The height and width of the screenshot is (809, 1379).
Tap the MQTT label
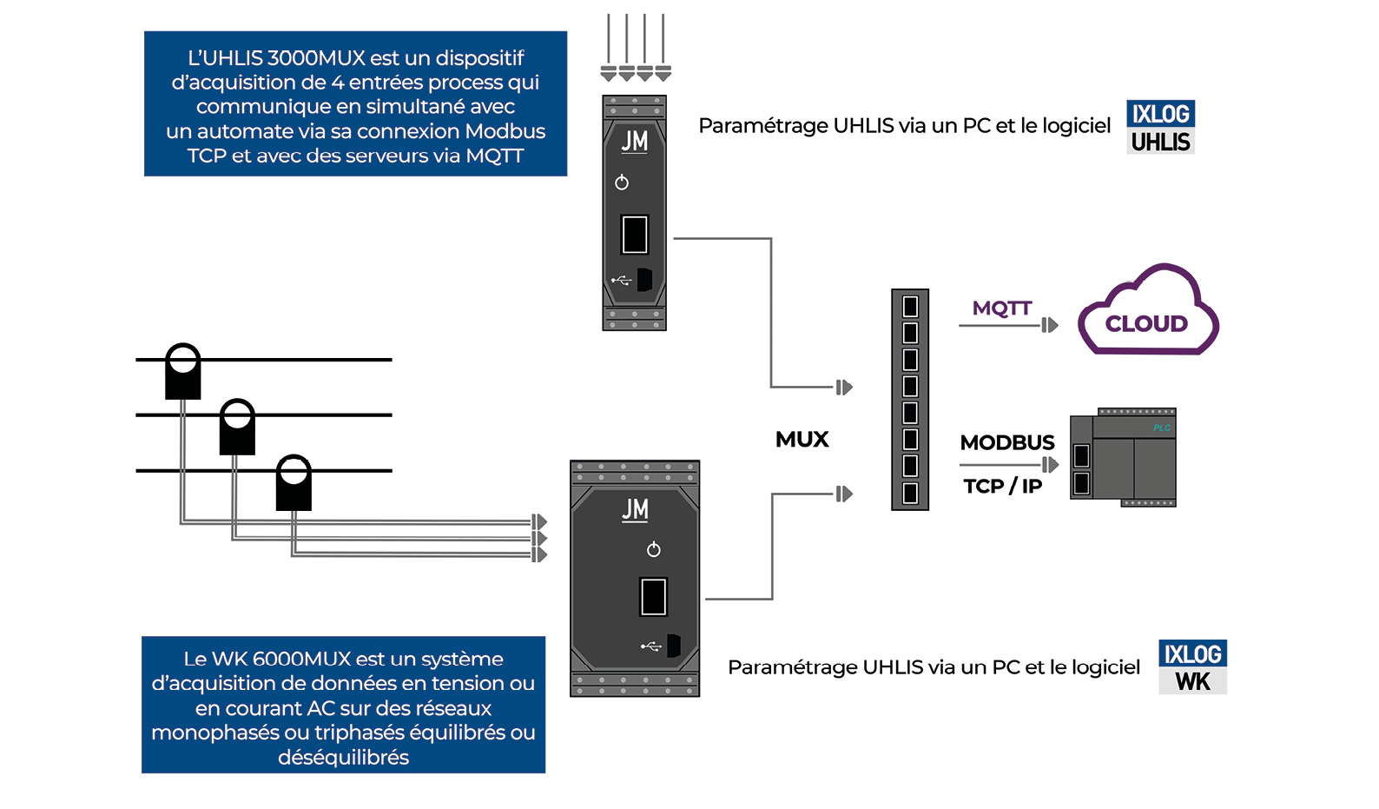pyautogui.click(x=1001, y=308)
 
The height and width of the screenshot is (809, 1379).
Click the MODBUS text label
pyautogui.click(x=1007, y=442)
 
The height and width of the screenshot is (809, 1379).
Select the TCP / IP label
pyautogui.click(x=1002, y=487)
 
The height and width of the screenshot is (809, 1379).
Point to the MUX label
pyautogui.click(x=802, y=440)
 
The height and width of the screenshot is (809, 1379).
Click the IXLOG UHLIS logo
pyautogui.click(x=1160, y=127)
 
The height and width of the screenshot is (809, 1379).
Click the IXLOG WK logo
pyautogui.click(x=1192, y=667)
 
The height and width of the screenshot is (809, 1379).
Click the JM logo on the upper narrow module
pyautogui.click(x=635, y=141)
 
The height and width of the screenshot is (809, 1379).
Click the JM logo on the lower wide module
pyautogui.click(x=636, y=509)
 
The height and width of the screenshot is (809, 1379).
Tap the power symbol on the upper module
pyautogui.click(x=622, y=182)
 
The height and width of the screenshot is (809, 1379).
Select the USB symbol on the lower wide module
pyautogui.click(x=650, y=647)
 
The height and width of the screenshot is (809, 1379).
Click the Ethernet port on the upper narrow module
pyautogui.click(x=635, y=235)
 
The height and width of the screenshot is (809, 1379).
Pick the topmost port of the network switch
pyautogui.click(x=910, y=307)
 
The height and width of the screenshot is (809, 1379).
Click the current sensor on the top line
pyautogui.click(x=183, y=371)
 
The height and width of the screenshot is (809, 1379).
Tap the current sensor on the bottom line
pyautogui.click(x=294, y=482)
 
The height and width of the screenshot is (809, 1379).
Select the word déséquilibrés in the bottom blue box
pyautogui.click(x=343, y=758)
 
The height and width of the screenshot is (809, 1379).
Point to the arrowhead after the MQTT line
pyautogui.click(x=1050, y=325)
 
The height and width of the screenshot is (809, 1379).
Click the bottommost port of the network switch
pyautogui.click(x=910, y=494)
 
